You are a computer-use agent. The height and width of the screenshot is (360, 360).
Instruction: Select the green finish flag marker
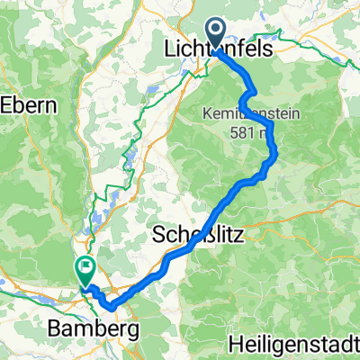85,268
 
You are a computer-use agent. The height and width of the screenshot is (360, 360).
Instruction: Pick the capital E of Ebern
7,104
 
